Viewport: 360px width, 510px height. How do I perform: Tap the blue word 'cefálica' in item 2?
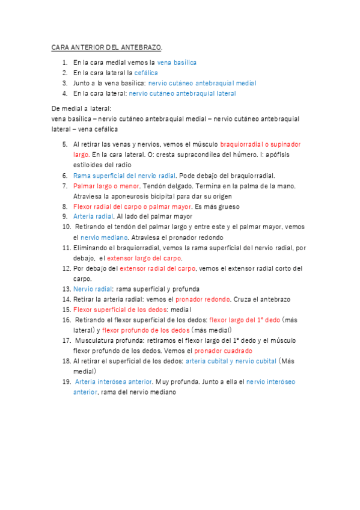pyautogui.click(x=146, y=73)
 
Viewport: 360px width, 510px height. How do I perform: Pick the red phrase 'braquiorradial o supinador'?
pyautogui.click(x=260, y=145)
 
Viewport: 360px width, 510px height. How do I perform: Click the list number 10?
pyautogui.click(x=66, y=227)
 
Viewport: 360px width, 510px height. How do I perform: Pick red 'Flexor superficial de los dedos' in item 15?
pyautogui.click(x=120, y=309)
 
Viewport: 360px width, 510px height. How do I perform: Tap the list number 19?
pyautogui.click(x=66, y=381)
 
